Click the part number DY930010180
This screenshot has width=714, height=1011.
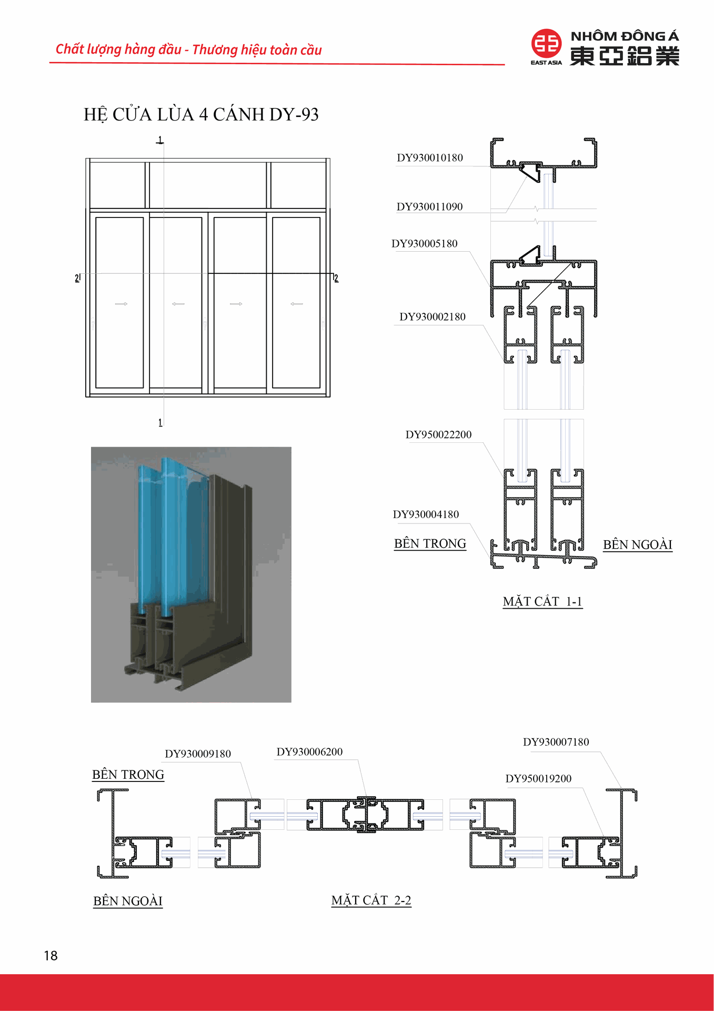point(430,158)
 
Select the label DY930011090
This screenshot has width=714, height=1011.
point(429,207)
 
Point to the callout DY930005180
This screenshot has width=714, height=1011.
point(424,244)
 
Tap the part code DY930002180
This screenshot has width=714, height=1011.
point(433,317)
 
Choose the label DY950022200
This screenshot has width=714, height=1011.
point(438,435)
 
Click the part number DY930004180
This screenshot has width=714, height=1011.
point(426,514)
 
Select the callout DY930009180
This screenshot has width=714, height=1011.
point(198,754)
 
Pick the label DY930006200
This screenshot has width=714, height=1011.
point(309,752)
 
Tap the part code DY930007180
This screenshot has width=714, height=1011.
point(556,742)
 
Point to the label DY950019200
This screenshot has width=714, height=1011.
point(538,779)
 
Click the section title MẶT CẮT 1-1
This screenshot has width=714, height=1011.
point(542,602)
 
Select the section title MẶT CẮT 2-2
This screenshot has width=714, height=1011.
point(371,900)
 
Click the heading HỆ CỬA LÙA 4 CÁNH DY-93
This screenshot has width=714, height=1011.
point(201,115)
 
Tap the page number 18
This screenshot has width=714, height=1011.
point(51,956)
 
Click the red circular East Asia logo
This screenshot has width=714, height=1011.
point(546,44)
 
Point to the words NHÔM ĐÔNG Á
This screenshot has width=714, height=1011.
point(625,36)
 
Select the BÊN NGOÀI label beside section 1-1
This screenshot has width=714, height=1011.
point(637,544)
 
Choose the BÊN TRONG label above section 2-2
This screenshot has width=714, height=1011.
point(128,775)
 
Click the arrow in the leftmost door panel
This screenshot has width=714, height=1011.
point(121,304)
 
